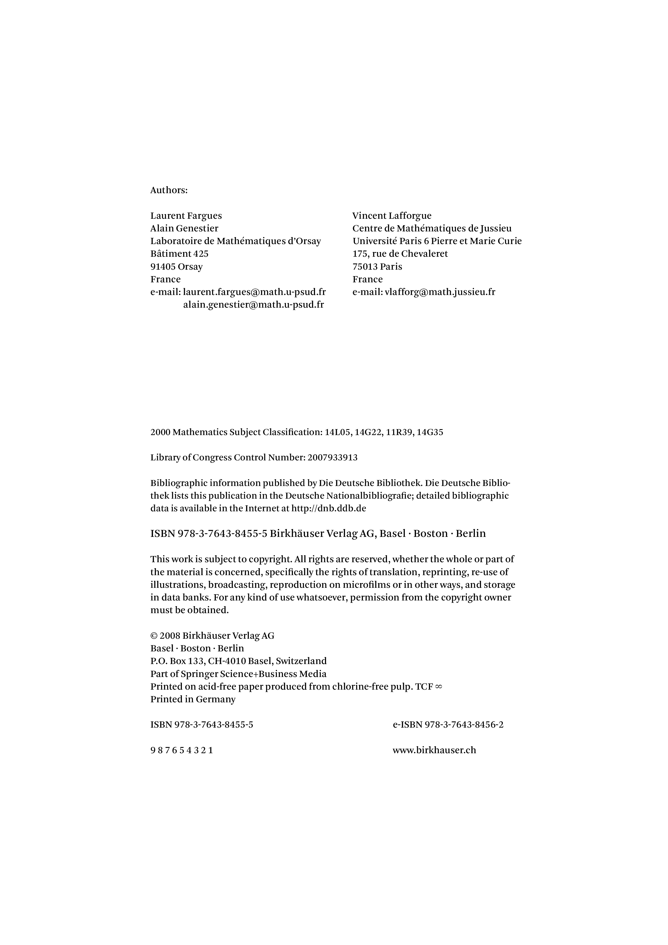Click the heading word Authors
click(x=169, y=190)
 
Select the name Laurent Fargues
click(x=186, y=216)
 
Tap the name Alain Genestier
click(x=184, y=228)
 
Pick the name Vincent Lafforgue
click(x=392, y=216)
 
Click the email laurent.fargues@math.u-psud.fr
click(x=254, y=292)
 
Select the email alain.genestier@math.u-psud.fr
click(x=254, y=305)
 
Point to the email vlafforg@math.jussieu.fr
click(x=439, y=292)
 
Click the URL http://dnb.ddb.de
click(x=328, y=509)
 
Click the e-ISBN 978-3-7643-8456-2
click(x=448, y=725)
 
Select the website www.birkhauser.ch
click(x=434, y=750)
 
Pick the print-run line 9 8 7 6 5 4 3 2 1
click(x=182, y=750)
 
